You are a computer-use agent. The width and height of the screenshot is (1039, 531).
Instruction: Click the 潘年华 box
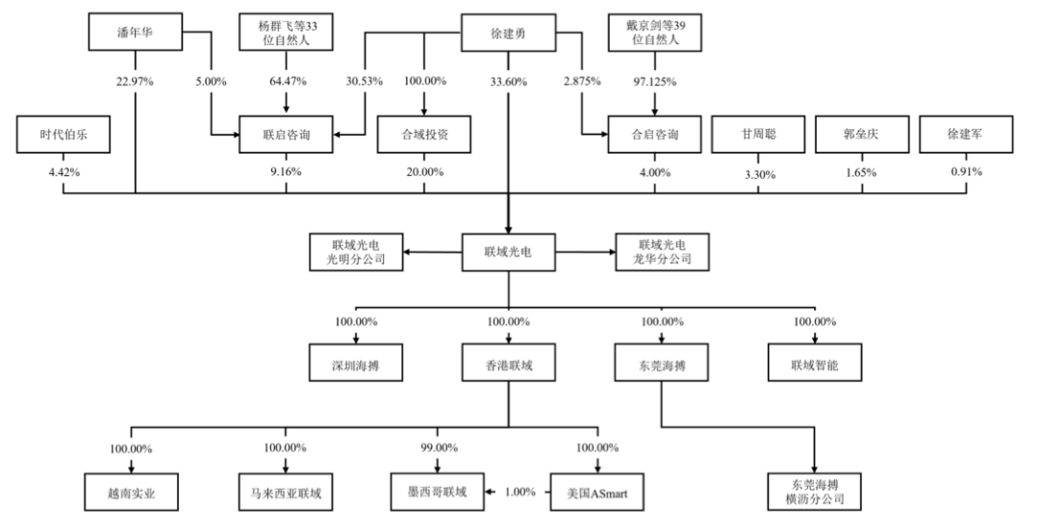[136, 32]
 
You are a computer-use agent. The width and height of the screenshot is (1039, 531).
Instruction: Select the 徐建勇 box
[508, 33]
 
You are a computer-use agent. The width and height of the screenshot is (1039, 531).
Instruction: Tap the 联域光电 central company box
[508, 252]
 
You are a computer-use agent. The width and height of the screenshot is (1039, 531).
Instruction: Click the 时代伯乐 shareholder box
[63, 135]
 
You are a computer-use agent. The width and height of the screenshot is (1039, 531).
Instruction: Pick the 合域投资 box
[424, 135]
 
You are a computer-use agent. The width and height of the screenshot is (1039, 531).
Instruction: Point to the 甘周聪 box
[758, 135]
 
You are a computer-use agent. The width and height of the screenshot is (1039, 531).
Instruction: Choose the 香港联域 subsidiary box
[508, 363]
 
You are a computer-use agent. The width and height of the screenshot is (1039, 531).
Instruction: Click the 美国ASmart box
[597, 493]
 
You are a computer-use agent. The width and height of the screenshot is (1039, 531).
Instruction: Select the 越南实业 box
[131, 493]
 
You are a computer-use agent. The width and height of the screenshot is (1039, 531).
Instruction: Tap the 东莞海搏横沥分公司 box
[815, 493]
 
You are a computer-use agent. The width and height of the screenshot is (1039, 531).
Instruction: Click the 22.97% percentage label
[136, 82]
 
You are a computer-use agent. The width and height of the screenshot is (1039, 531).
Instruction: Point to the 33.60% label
[508, 82]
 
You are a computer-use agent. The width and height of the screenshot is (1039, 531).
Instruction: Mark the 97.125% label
[655, 82]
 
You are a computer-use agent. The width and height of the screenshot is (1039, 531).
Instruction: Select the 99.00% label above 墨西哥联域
[438, 448]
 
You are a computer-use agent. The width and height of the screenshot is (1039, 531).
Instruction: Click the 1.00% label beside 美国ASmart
[520, 493]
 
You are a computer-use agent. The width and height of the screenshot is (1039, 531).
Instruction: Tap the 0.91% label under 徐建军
[966, 172]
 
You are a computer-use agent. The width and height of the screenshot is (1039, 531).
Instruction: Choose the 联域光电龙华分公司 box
[662, 252]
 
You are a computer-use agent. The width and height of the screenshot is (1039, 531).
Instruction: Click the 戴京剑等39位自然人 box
[655, 33]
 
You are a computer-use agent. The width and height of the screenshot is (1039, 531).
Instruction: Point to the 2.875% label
[582, 82]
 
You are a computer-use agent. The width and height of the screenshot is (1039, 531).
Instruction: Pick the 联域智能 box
[815, 363]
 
